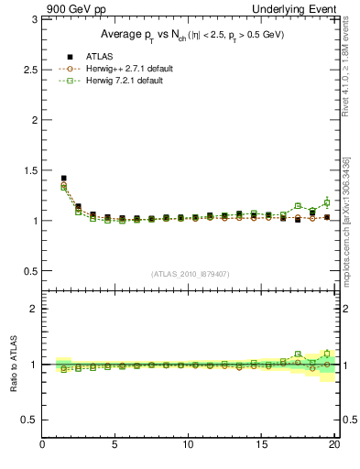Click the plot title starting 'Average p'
(x=191, y=35)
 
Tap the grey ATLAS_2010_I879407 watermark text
(x=190, y=274)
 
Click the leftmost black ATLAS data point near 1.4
(x=63, y=179)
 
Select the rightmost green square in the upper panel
(x=326, y=202)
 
